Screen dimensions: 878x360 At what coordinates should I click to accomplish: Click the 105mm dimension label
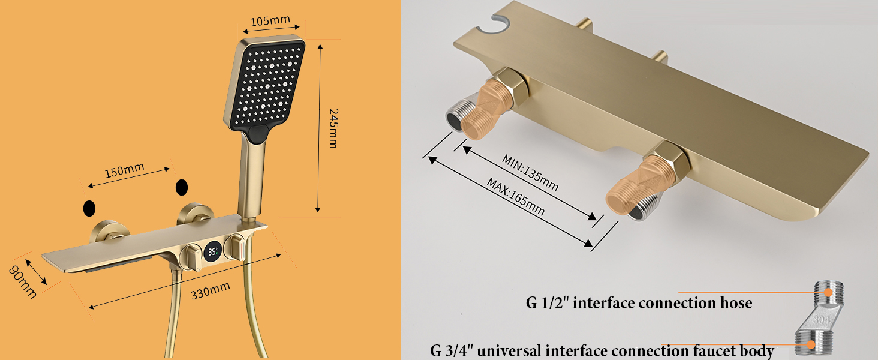270,20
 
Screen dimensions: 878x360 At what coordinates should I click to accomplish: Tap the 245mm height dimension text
333,128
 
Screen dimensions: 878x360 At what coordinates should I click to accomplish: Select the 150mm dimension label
124,170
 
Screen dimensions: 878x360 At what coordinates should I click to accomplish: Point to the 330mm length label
210,290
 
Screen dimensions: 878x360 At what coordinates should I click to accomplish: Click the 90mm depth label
23,282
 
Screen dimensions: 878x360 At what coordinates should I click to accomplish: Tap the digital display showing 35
213,251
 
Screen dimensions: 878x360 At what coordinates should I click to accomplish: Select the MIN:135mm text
530,173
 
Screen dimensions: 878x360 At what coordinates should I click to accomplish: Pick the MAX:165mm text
515,196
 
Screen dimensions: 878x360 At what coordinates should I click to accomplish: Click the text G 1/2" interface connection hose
639,303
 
